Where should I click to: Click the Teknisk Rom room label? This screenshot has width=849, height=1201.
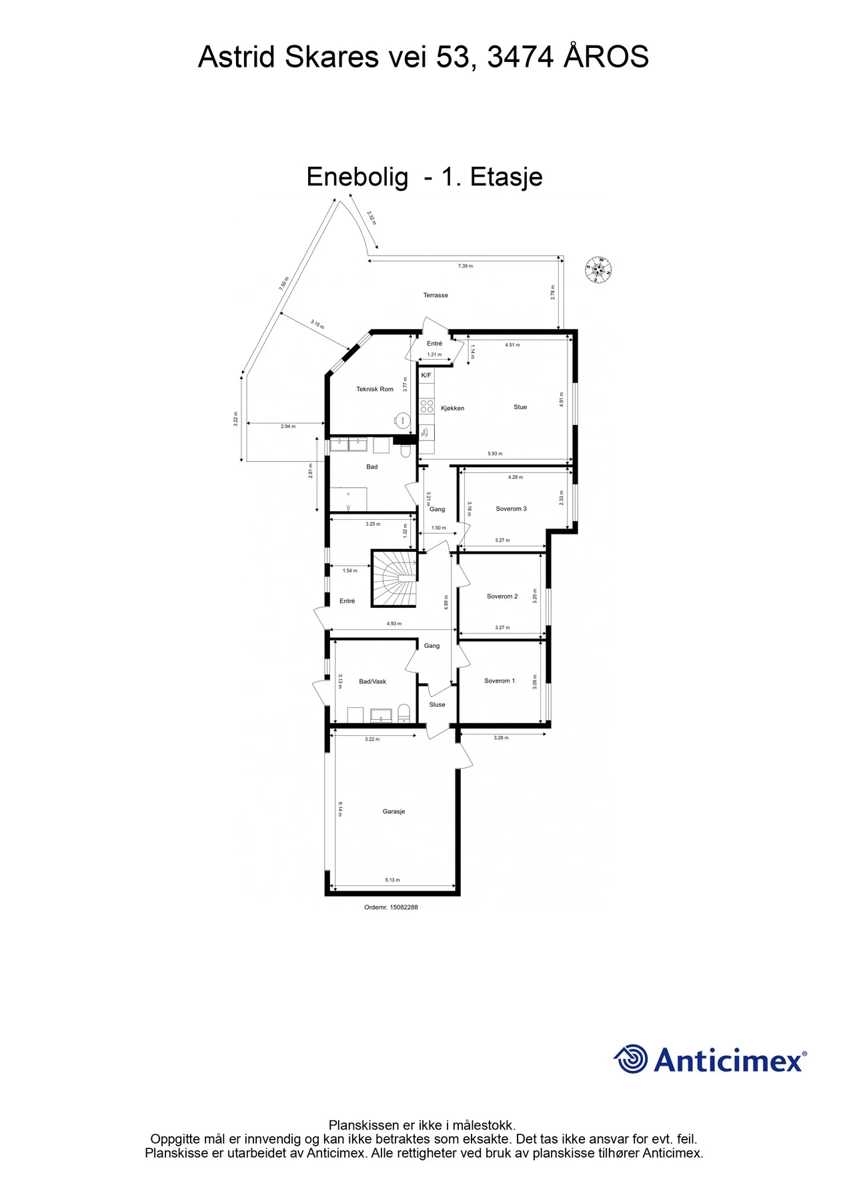[375, 389]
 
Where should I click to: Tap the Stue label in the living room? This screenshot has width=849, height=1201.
[520, 407]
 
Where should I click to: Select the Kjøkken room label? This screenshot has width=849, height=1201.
[453, 408]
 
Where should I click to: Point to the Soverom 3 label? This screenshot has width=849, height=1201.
[512, 508]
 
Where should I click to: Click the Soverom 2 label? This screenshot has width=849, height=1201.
[502, 596]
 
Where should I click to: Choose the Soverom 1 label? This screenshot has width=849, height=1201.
[500, 681]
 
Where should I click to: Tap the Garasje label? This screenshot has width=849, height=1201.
[394, 812]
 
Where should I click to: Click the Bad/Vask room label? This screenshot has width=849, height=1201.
[373, 682]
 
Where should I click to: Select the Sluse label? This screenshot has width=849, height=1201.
[438, 705]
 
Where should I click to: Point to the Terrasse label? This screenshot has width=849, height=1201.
[436, 295]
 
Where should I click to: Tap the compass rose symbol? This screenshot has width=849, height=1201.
[599, 270]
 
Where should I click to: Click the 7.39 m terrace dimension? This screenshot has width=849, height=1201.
[466, 266]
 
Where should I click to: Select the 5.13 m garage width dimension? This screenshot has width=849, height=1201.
[393, 880]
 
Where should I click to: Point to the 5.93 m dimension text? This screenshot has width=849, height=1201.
[495, 454]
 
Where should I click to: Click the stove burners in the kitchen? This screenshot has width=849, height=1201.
[427, 406]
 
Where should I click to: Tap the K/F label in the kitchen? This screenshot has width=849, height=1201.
[426, 376]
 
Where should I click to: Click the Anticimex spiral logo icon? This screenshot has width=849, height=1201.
[631, 1059]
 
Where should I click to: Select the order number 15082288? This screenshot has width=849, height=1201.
[403, 907]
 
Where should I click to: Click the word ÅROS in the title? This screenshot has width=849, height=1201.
[606, 56]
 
